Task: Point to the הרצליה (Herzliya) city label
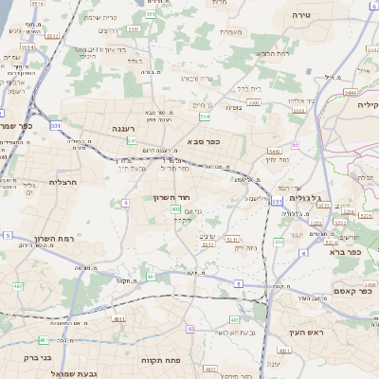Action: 62,181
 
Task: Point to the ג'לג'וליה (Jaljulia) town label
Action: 305,199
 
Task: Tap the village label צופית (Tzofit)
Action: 234,107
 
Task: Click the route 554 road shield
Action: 205,117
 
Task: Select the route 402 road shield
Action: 176,208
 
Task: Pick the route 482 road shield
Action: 19,285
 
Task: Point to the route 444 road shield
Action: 279,242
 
